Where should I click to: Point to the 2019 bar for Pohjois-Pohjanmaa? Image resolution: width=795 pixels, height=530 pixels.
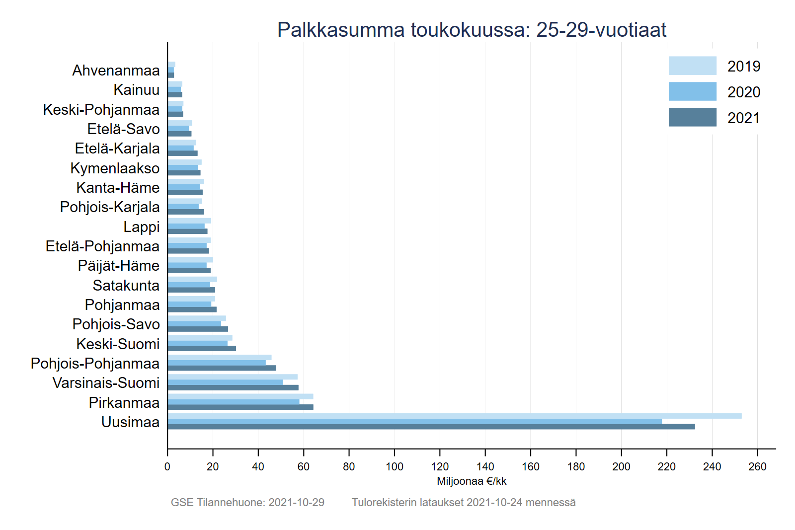219,358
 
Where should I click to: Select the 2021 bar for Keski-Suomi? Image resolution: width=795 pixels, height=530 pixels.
202,349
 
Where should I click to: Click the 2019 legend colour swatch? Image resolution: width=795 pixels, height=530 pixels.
692,66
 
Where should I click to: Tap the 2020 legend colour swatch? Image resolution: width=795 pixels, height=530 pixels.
692,92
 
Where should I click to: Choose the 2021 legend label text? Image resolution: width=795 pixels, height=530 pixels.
744,118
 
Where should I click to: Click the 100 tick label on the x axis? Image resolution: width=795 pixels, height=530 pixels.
395,467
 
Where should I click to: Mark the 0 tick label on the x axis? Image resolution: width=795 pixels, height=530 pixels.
167,467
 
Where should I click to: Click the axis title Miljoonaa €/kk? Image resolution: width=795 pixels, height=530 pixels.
472,481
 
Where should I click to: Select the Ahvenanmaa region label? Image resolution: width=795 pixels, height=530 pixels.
116,71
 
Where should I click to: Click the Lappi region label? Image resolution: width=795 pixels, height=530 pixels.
142,227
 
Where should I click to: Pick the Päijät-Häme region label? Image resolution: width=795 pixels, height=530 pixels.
119,266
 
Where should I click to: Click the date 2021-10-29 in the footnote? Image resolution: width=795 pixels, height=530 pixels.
296,503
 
